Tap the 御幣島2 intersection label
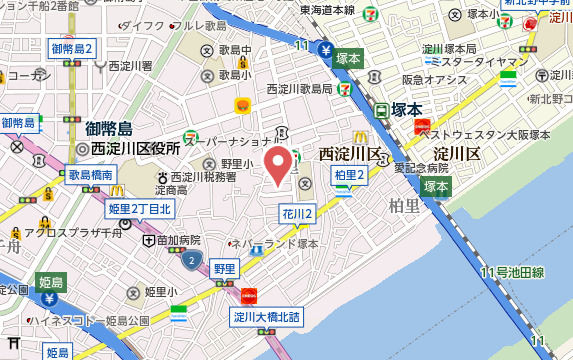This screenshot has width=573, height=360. (72, 48)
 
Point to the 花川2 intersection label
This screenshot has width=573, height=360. (297, 213)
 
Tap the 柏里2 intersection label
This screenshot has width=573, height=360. (350, 175)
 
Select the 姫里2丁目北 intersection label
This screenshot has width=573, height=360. (139, 208)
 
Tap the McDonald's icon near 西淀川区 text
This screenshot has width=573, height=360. (359, 136)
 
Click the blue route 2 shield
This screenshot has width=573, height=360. (190, 260)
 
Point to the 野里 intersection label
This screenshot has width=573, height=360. (224, 268)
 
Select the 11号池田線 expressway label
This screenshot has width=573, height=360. (511, 272)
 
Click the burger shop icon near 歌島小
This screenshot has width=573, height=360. (241, 105)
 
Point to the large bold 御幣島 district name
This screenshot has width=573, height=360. (109, 128)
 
